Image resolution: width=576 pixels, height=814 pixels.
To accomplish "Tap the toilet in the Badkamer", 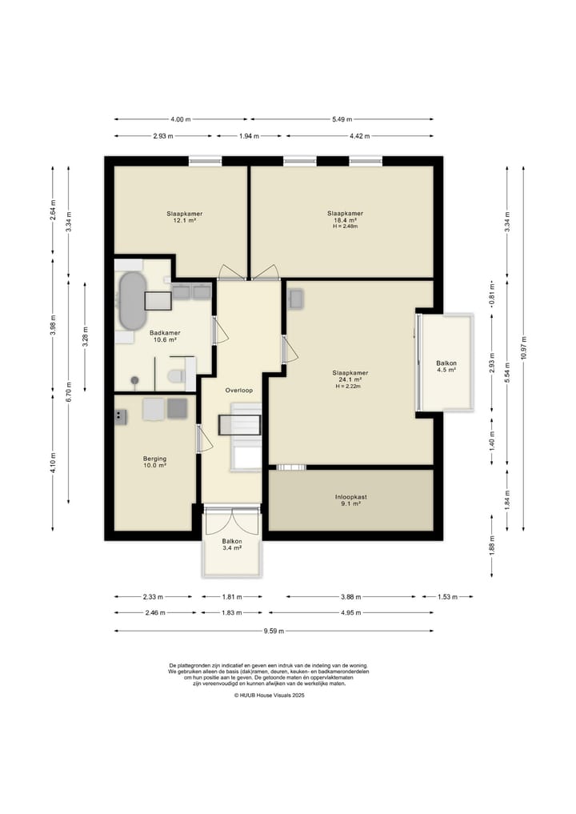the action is pyautogui.click(x=175, y=375).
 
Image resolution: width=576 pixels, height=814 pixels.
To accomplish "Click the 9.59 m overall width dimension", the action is pyautogui.click(x=274, y=632).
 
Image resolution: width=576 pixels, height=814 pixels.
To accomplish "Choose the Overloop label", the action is pyautogui.click(x=239, y=390).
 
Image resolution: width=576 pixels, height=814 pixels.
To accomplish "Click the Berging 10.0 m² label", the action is pyautogui.click(x=154, y=462).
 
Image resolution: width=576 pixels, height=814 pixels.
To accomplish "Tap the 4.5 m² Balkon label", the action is pyautogui.click(x=446, y=367).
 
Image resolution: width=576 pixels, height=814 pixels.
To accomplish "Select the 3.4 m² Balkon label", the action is pyautogui.click(x=232, y=544).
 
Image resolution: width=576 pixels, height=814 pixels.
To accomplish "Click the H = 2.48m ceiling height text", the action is pyautogui.click(x=345, y=227).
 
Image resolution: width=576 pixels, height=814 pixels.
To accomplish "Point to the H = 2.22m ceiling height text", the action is pyautogui.click(x=348, y=387).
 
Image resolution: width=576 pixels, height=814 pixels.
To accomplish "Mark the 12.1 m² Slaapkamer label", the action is pyautogui.click(x=184, y=217).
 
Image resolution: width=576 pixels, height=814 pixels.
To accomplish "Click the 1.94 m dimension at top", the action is pyautogui.click(x=249, y=136).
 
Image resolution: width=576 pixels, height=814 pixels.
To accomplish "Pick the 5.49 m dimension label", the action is pyautogui.click(x=342, y=119).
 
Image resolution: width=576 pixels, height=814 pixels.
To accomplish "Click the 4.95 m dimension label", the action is pyautogui.click(x=350, y=612).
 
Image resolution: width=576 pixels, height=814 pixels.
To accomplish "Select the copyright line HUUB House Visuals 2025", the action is pyautogui.click(x=269, y=695).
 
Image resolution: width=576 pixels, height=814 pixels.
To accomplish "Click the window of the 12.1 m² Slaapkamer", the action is pyautogui.click(x=205, y=162).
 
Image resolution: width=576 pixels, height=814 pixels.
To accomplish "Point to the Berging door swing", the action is pyautogui.click(x=205, y=439).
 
